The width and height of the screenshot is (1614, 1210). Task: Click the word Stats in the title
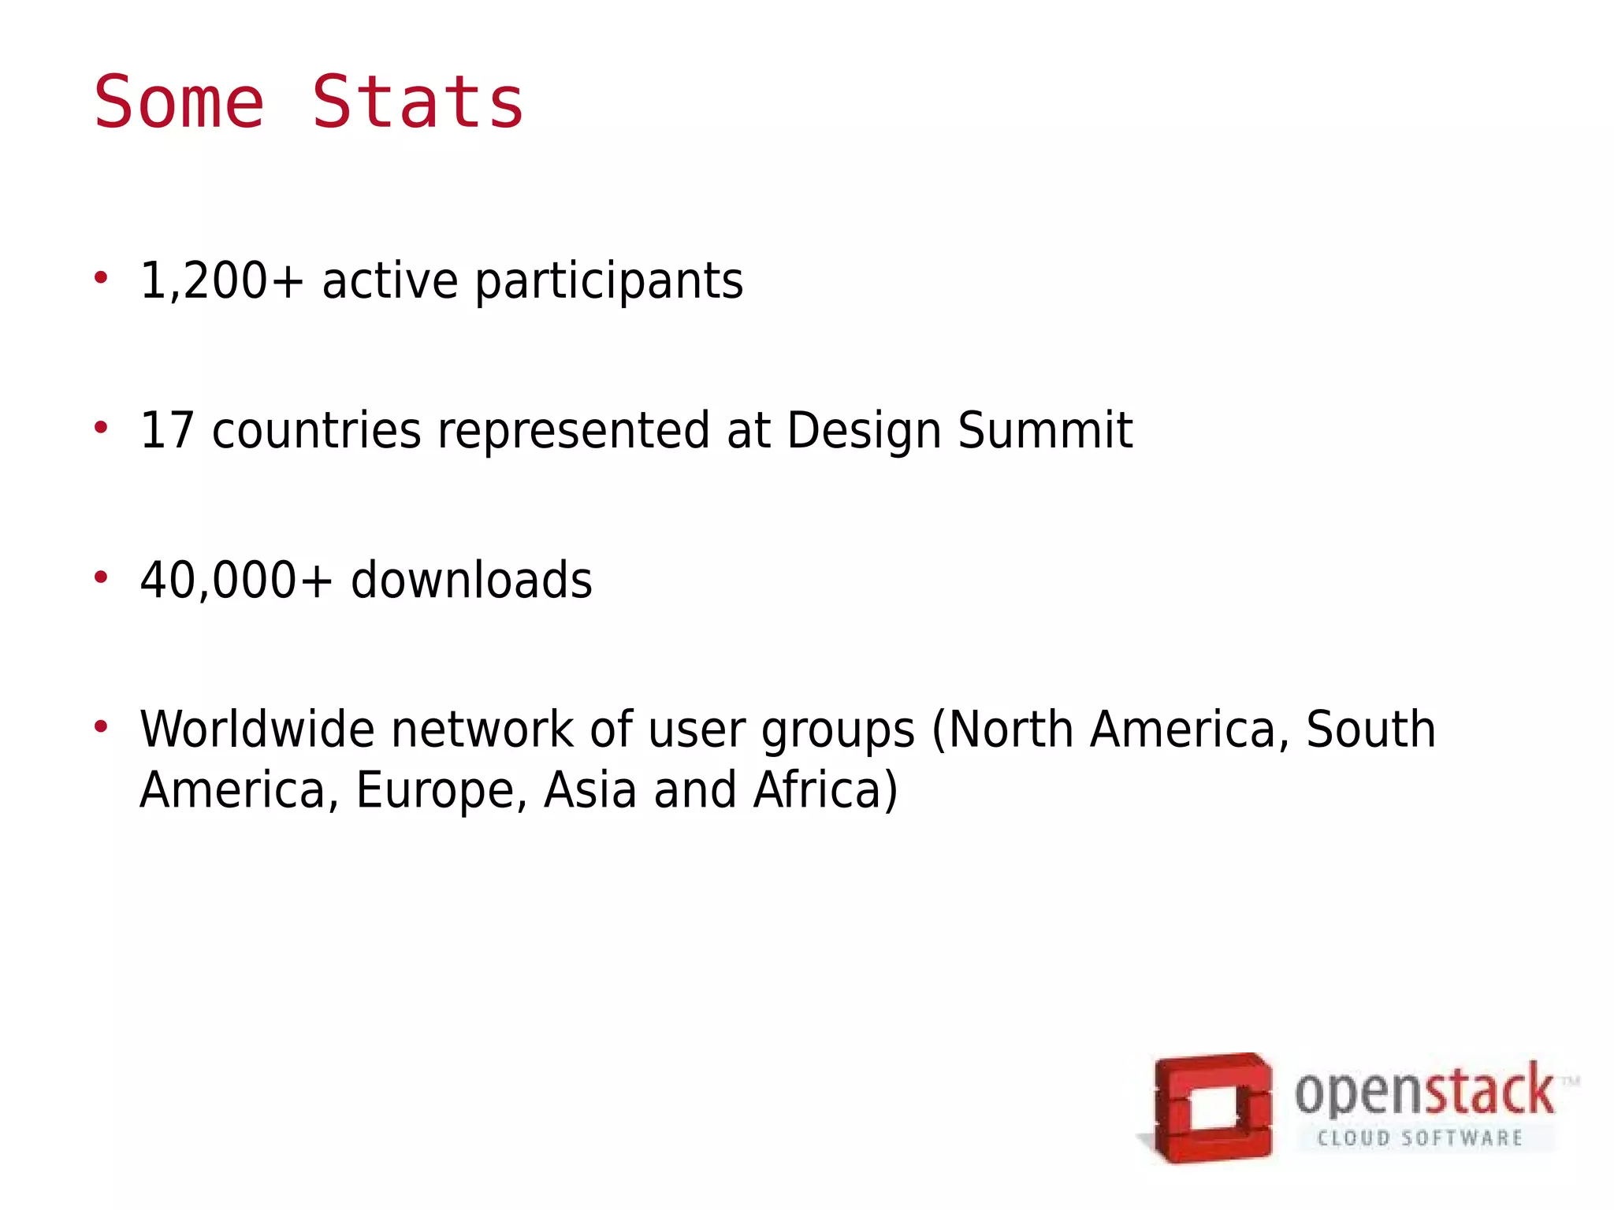pos(418,102)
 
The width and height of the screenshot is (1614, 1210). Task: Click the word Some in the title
pos(179,102)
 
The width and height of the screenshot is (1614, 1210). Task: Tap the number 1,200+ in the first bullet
pos(221,280)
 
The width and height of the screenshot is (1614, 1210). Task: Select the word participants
pos(608,282)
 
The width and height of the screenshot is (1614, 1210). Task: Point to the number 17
pos(167,430)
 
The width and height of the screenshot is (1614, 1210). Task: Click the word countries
pos(316,432)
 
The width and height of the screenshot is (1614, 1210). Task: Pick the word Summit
pos(1044,430)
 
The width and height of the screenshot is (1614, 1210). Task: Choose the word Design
pos(864,432)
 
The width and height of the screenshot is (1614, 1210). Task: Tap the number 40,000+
pos(236,581)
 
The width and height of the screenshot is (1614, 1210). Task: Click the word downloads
pos(471,581)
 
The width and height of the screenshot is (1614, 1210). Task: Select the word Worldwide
pos(257,729)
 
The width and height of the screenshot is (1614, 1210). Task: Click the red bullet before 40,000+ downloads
pos(100,577)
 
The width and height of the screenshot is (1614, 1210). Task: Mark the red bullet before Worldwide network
pos(100,726)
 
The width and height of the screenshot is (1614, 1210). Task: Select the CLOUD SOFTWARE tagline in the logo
pos(1419,1138)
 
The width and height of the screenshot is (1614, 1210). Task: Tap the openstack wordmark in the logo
pos(1423,1092)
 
